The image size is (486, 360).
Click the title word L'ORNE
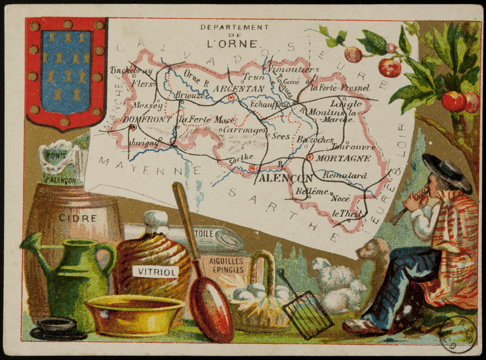click(232, 43)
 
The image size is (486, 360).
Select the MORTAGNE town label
click(343, 158)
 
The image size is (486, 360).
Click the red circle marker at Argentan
click(230, 98)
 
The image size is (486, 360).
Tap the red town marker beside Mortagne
click(310, 157)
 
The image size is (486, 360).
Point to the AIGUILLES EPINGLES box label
click(226, 265)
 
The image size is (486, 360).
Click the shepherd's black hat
click(447, 171)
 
